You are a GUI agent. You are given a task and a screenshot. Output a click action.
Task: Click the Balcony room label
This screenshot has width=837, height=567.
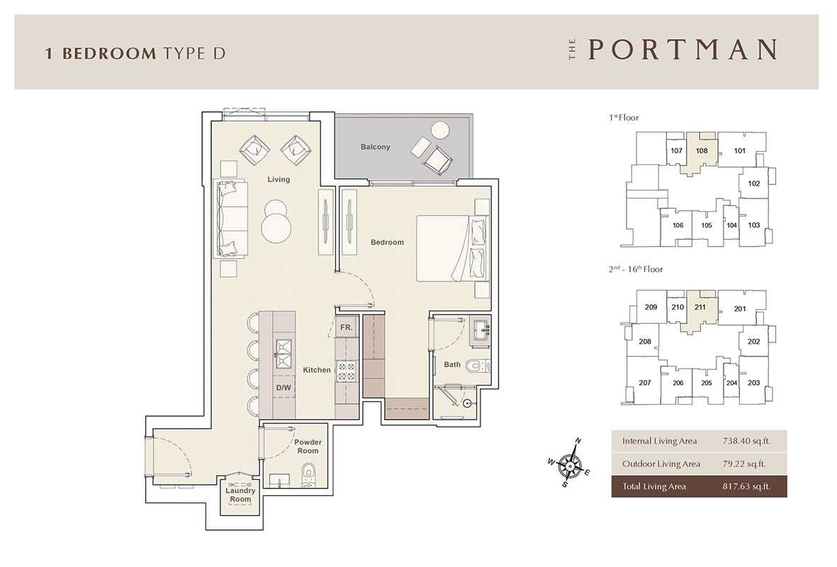click(x=375, y=147)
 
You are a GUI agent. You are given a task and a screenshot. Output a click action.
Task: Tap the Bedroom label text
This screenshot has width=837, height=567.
click(x=387, y=242)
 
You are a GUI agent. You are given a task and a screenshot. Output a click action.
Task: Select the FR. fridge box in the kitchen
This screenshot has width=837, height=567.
click(x=347, y=327)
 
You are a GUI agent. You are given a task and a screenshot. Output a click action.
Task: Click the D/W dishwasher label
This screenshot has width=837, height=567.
click(x=283, y=388)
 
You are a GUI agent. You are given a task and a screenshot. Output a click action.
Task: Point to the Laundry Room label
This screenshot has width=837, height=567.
click(x=240, y=495)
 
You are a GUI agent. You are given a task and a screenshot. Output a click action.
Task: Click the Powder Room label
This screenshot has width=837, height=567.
click(x=308, y=447)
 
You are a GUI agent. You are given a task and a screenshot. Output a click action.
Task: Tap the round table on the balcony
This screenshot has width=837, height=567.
click(x=440, y=130)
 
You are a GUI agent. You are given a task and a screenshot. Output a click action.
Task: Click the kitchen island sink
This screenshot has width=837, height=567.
click(x=283, y=353)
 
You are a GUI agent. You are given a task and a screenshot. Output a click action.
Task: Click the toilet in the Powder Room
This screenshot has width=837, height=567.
click(x=309, y=476)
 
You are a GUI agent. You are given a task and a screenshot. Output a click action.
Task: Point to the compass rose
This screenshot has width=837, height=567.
click(x=570, y=463)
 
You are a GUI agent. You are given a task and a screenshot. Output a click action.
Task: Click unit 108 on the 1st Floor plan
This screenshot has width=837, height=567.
click(x=702, y=150)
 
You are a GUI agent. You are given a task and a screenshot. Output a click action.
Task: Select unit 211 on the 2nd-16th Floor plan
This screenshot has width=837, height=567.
click(x=700, y=307)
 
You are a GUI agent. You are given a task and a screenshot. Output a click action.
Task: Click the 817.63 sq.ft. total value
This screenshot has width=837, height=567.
click(x=746, y=486)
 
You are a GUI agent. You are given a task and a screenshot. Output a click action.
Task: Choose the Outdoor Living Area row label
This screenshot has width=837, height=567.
click(x=661, y=464)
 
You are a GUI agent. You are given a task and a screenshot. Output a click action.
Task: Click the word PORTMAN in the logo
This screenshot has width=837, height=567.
click(x=682, y=50)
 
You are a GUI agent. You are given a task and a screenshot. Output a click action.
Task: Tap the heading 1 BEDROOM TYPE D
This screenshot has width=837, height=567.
click(x=135, y=53)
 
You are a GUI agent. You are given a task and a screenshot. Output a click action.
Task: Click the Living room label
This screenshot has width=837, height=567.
click(x=279, y=179)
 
